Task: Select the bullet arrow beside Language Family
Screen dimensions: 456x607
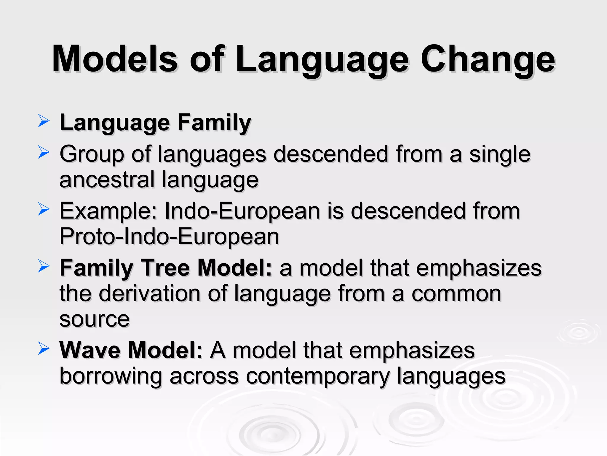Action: tap(44, 121)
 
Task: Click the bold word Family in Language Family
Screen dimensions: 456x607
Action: tap(214, 123)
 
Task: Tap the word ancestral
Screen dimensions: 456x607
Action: tap(107, 180)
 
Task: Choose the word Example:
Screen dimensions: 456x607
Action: tap(108, 211)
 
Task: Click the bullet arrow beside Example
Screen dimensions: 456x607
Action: tap(44, 210)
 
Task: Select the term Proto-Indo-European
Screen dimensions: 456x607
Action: tap(169, 237)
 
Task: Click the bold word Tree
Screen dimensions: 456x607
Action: tap(165, 268)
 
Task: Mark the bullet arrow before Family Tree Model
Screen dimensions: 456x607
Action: tap(44, 266)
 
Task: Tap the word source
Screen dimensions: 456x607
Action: tap(95, 319)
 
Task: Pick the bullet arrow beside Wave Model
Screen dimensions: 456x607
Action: tap(44, 349)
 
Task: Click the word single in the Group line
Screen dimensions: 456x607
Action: tap(500, 154)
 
